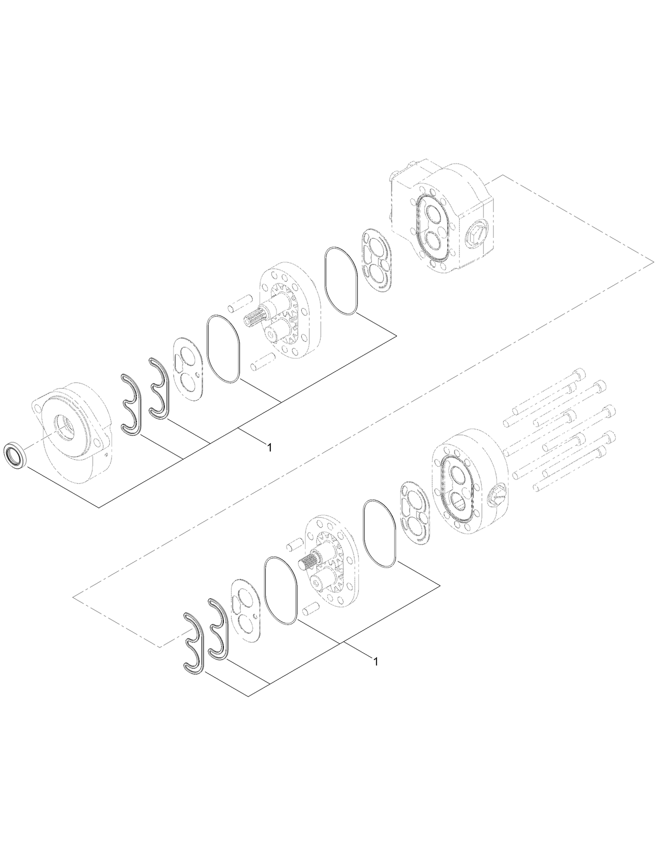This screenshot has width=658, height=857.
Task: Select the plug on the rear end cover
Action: click(x=496, y=494)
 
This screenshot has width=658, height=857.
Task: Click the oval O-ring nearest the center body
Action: click(x=341, y=281)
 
